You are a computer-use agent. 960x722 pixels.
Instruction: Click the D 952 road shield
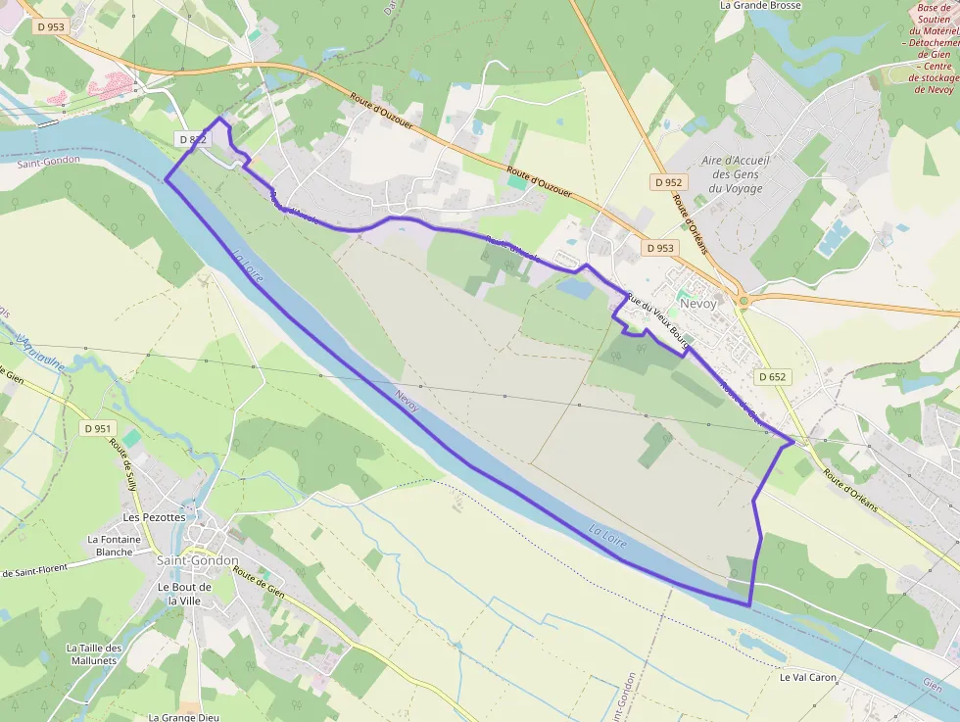pyautogui.click(x=667, y=182)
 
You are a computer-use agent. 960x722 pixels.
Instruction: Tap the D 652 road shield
pyautogui.click(x=772, y=376)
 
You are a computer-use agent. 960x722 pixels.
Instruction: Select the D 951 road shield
pyautogui.click(x=98, y=428)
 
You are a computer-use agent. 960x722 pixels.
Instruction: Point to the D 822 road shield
pyautogui.click(x=193, y=139)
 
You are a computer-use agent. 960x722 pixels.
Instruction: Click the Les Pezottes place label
pyautogui.click(x=154, y=516)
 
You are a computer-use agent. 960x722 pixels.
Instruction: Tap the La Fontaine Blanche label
pyautogui.click(x=114, y=546)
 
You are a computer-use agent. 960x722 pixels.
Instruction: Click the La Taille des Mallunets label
pyautogui.click(x=94, y=653)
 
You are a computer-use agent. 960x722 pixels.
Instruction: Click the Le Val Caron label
pyautogui.click(x=808, y=677)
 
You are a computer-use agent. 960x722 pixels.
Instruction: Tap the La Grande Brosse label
pyautogui.click(x=760, y=6)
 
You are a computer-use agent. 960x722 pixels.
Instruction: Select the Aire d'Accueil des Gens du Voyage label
pyautogui.click(x=736, y=174)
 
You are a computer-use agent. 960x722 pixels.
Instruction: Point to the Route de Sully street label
pyautogui.click(x=124, y=463)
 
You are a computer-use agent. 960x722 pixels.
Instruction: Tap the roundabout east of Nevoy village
pyautogui.click(x=744, y=301)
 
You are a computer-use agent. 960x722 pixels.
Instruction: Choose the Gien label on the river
pyautogui.click(x=933, y=686)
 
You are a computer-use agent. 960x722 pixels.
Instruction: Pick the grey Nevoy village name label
pyautogui.click(x=697, y=304)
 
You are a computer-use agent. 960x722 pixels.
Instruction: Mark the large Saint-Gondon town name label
pyautogui.click(x=197, y=560)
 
